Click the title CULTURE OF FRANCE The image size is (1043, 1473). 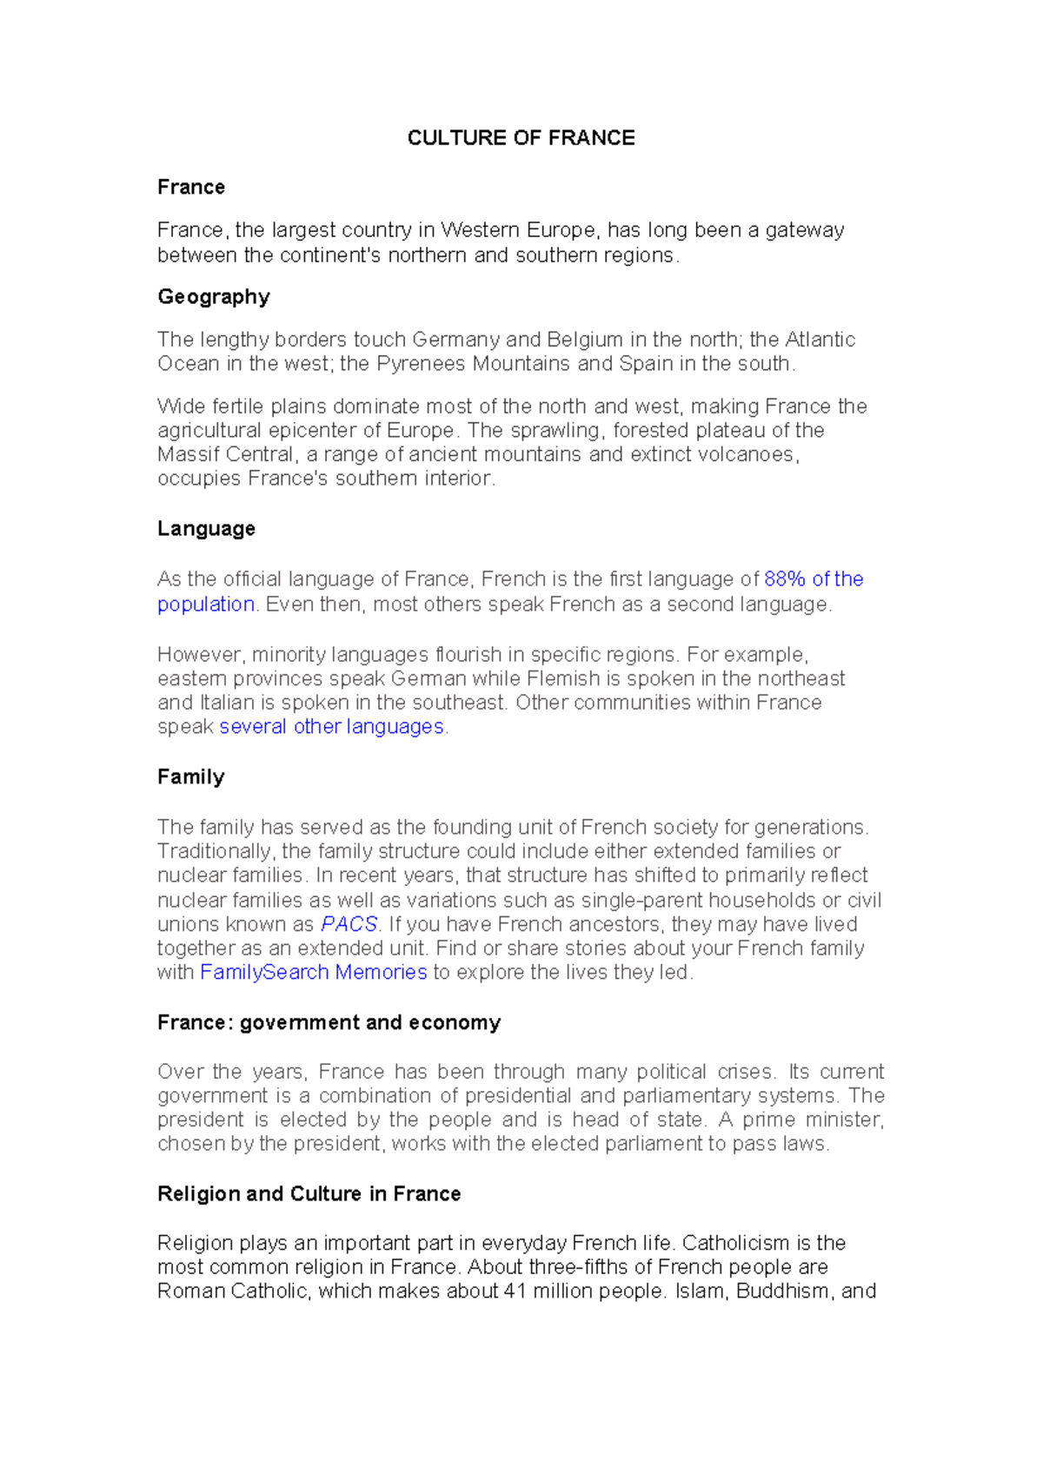point(521,138)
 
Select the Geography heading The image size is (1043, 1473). point(213,297)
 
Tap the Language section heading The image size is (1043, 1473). point(206,529)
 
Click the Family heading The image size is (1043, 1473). point(190,776)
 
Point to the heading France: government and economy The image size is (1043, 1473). point(329,1022)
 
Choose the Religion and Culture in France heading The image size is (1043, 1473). point(309,1193)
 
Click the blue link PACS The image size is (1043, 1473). point(349,924)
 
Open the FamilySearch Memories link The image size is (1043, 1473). point(313,972)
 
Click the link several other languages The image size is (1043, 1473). point(331,727)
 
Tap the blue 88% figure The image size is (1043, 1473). point(785,579)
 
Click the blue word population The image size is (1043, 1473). point(206,604)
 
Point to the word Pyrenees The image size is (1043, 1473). point(421,364)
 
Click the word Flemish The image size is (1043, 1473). point(563,678)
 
